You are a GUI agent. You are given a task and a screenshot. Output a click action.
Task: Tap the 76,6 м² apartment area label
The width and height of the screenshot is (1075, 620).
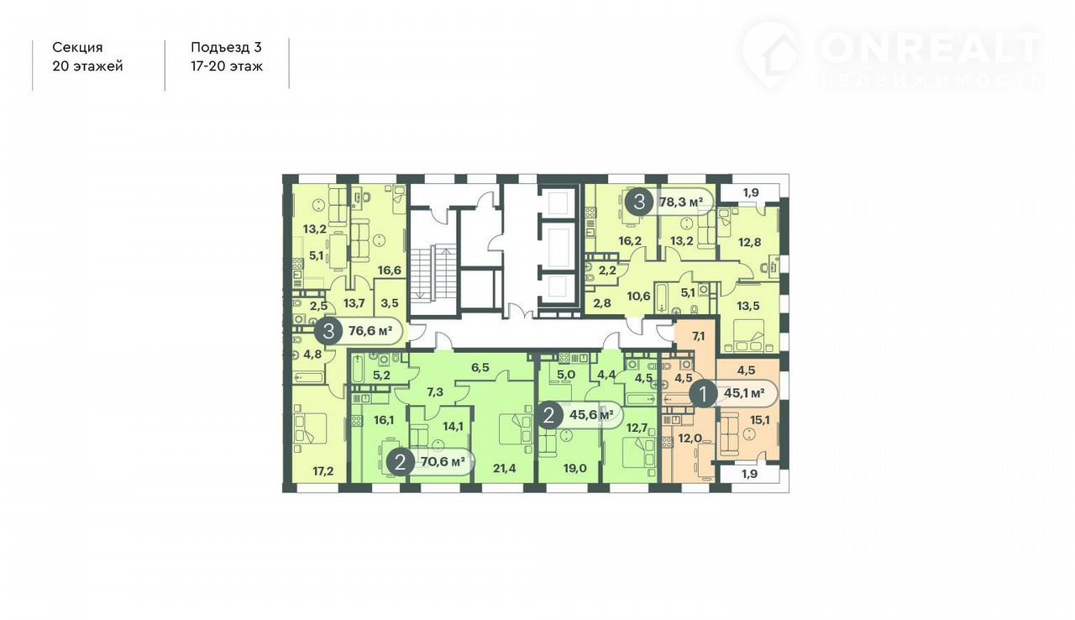(370, 331)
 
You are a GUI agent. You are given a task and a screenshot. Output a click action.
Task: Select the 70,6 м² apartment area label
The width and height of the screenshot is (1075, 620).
(443, 462)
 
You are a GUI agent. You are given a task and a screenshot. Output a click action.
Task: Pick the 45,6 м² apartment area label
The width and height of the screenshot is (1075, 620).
(591, 415)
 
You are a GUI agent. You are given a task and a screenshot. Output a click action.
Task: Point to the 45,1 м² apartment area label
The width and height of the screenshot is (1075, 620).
(744, 393)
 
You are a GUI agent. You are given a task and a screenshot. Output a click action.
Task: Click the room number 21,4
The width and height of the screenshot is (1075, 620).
(505, 468)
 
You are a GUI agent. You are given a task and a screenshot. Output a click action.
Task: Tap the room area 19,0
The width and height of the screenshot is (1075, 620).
(575, 468)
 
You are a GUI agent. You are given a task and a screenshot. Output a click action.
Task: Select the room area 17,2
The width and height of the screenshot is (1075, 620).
(323, 471)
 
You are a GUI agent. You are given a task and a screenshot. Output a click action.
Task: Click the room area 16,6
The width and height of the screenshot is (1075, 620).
(389, 271)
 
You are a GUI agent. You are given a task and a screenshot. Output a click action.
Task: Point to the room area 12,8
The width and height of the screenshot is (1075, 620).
(750, 242)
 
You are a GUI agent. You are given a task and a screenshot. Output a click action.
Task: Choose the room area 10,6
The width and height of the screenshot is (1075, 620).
(638, 296)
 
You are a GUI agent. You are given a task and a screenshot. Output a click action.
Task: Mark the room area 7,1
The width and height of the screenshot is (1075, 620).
(698, 336)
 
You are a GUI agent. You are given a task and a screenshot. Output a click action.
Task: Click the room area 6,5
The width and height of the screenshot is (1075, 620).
(480, 368)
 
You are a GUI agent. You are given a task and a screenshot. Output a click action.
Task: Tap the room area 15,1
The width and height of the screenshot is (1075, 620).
(760, 420)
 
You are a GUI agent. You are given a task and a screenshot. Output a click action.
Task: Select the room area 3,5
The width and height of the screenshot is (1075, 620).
(389, 303)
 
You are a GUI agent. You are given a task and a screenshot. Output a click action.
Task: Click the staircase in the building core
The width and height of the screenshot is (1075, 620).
(432, 271)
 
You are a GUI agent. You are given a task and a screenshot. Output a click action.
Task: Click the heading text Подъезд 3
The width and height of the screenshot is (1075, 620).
(226, 48)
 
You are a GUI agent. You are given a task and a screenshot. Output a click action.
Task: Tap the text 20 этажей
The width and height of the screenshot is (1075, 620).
(87, 66)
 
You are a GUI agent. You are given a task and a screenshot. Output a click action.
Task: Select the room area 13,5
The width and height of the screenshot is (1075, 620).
(748, 306)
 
